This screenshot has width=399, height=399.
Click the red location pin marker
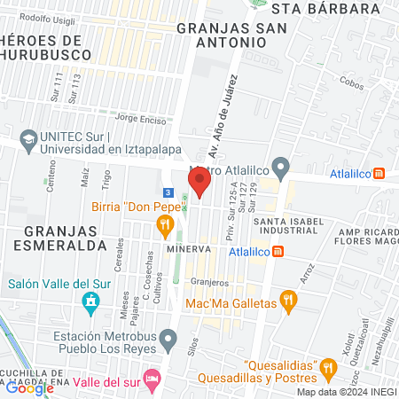point(199,183)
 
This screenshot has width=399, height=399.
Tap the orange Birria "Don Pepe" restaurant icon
point(164,227)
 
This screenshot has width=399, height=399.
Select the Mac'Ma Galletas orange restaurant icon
point(287,301)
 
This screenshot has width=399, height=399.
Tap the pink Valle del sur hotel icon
point(153,379)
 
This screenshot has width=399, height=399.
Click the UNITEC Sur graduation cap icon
point(28,139)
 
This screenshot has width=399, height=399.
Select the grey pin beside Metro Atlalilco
point(281,166)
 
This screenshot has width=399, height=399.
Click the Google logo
point(29,387)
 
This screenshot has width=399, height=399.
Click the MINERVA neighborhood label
point(188,249)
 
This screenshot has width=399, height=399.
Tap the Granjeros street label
point(210,282)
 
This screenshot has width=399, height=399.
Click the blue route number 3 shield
point(168,192)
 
